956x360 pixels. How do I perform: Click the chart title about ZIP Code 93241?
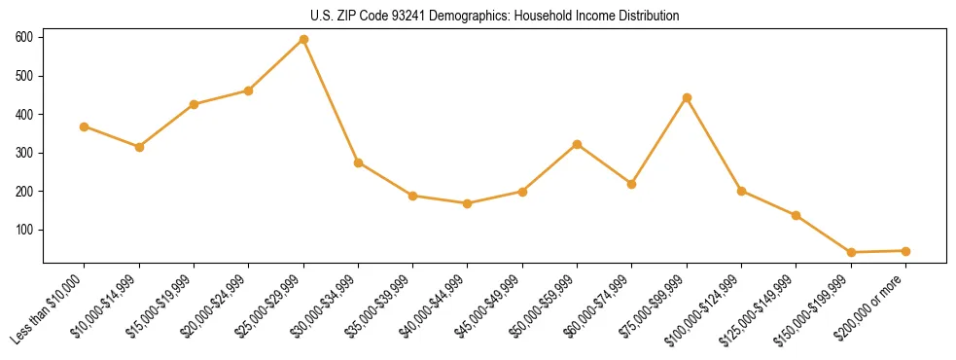click(x=494, y=17)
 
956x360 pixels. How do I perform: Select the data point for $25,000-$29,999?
click(x=303, y=39)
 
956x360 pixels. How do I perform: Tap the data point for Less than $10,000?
click(x=85, y=126)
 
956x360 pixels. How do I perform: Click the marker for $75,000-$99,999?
click(x=687, y=97)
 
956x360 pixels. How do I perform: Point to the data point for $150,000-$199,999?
click(x=851, y=252)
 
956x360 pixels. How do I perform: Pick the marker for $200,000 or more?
click(x=905, y=251)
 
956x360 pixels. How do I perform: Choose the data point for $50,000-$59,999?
click(x=578, y=144)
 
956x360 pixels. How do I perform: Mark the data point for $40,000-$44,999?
click(x=468, y=203)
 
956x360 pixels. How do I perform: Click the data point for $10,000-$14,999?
click(x=139, y=147)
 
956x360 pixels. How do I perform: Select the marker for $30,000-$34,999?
click(x=358, y=162)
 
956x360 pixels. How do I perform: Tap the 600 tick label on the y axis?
click(x=23, y=37)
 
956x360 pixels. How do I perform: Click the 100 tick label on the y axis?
click(x=23, y=230)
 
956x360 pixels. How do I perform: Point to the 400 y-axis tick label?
click(x=23, y=114)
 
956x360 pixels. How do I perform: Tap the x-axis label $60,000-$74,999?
click(x=598, y=309)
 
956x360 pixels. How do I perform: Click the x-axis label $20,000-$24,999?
click(x=215, y=309)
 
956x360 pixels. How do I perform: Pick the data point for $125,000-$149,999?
click(x=797, y=215)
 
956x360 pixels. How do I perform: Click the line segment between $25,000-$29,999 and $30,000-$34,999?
click(x=331, y=101)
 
